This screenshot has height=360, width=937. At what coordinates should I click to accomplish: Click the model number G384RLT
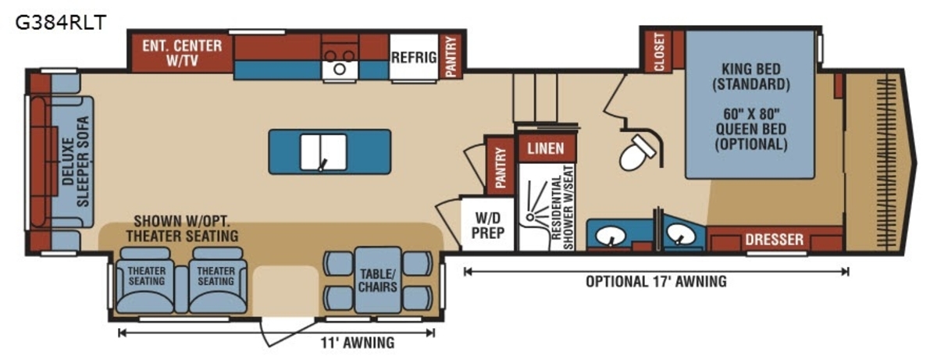click(x=61, y=22)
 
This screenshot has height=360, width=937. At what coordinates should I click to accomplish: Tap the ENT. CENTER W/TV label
click(x=182, y=53)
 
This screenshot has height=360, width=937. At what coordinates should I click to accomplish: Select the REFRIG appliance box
click(x=414, y=57)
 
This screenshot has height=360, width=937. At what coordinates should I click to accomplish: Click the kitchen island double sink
click(x=323, y=151)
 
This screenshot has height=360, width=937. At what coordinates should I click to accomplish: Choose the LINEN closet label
click(x=546, y=148)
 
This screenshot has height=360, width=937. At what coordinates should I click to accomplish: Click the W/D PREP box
click(x=487, y=225)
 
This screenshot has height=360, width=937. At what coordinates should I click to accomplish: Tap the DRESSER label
click(x=775, y=240)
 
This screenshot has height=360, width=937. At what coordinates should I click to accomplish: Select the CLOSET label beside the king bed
click(x=658, y=52)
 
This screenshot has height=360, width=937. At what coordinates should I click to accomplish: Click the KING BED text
click(x=751, y=69)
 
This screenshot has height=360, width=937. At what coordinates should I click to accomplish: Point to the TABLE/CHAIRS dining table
click(x=378, y=280)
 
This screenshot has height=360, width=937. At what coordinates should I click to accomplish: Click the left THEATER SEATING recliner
click(x=145, y=280)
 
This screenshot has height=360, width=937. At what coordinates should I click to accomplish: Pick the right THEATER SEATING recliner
click(x=218, y=280)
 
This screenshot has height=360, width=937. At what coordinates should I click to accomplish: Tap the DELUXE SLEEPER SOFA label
click(x=76, y=162)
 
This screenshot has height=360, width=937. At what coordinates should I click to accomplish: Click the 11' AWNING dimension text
click(x=358, y=343)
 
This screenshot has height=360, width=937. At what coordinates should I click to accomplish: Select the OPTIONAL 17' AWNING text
click(x=656, y=281)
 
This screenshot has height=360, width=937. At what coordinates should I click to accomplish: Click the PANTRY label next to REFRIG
click(x=451, y=56)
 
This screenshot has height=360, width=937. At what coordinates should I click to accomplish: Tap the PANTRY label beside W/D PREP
click(x=501, y=168)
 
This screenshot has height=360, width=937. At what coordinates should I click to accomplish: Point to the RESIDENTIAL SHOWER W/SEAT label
click(x=562, y=208)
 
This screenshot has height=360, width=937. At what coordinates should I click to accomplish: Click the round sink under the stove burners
click(x=340, y=70)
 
